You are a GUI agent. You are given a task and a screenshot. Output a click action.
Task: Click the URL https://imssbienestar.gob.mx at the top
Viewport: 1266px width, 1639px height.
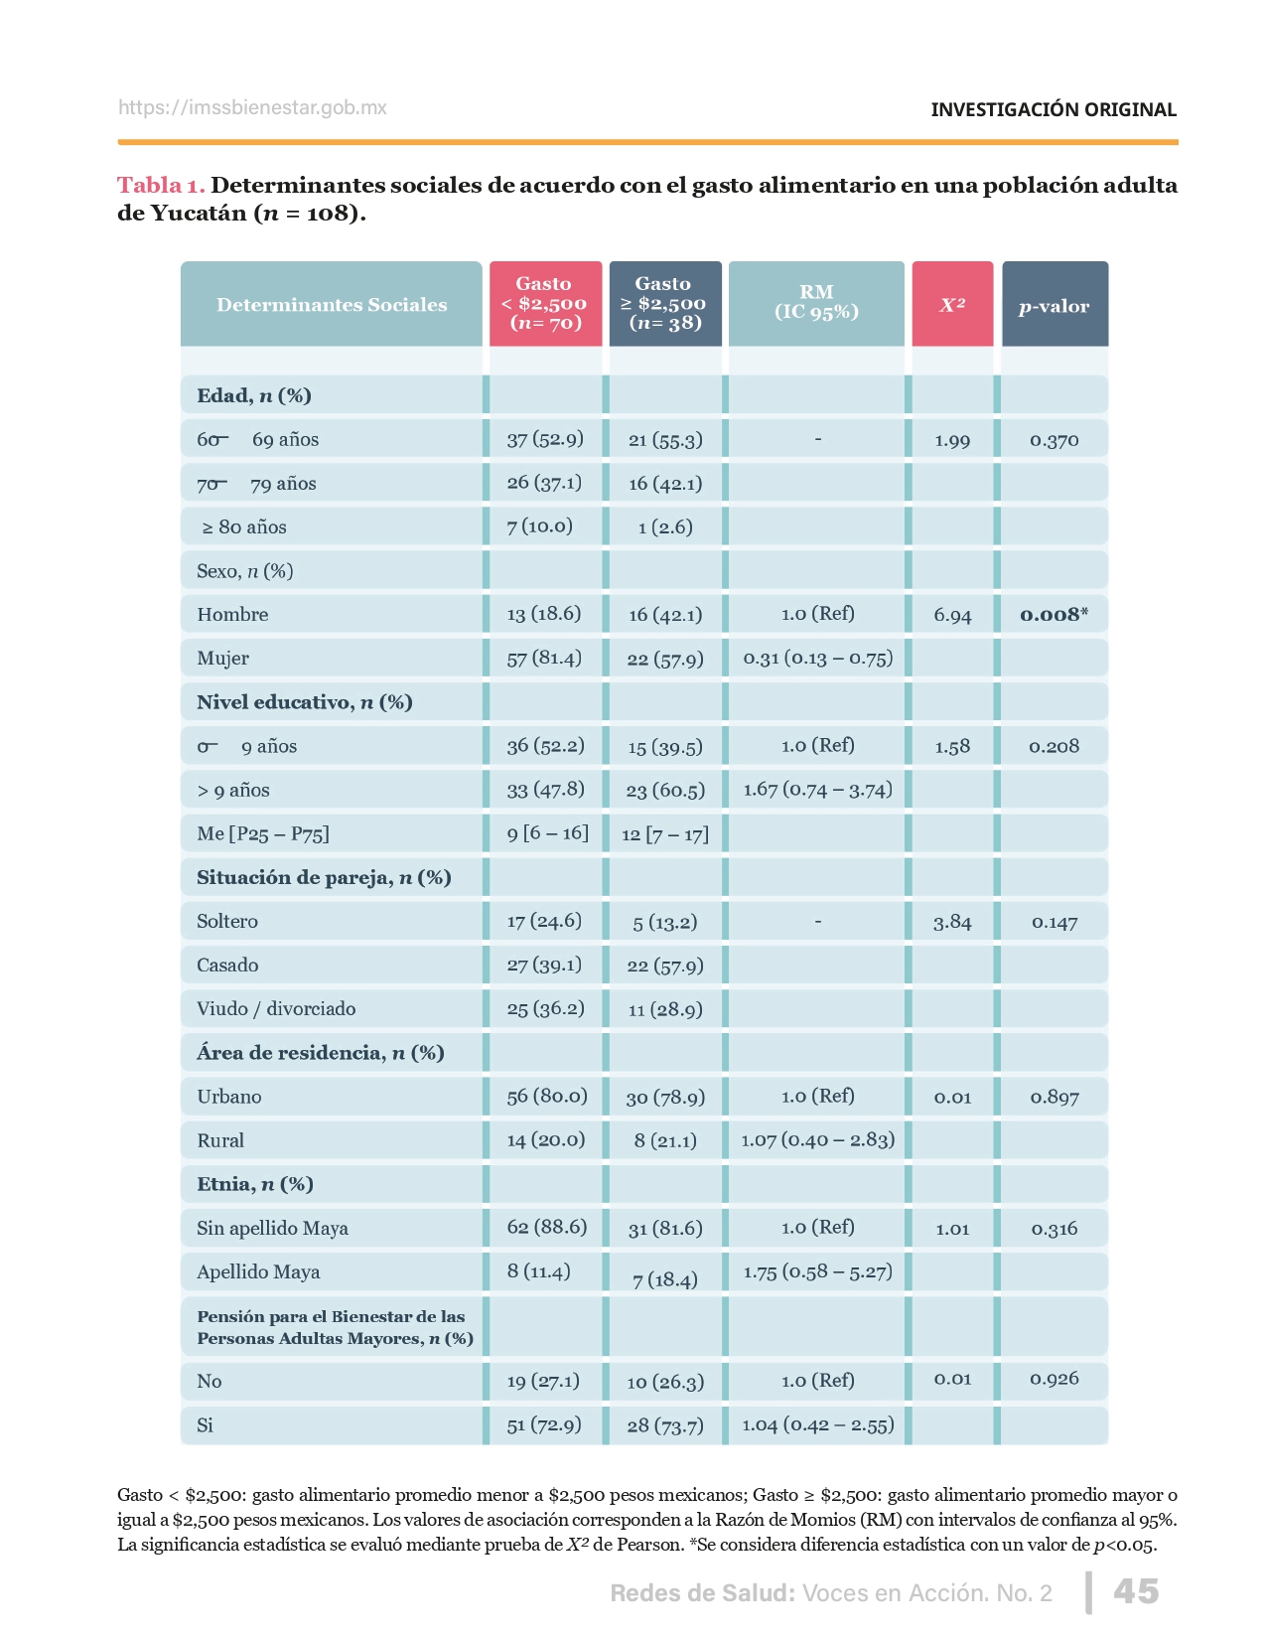tap(252, 107)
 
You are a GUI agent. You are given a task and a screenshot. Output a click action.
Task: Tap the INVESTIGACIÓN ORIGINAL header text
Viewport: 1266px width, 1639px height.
tap(1053, 109)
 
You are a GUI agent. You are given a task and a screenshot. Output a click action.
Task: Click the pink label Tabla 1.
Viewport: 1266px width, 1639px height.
tap(161, 185)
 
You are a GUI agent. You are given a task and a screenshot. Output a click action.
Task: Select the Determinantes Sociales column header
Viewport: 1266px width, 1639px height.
tap(332, 305)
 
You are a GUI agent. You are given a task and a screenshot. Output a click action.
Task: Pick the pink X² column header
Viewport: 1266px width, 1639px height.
tap(952, 305)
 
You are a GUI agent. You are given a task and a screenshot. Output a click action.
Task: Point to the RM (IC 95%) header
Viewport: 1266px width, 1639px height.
tap(816, 302)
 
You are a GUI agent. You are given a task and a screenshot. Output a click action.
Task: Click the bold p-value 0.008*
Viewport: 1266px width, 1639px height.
tap(1054, 614)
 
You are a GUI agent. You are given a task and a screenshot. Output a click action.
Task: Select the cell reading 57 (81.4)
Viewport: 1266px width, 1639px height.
tap(544, 658)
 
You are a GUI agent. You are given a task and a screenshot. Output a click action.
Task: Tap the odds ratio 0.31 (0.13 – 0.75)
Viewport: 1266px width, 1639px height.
tap(818, 658)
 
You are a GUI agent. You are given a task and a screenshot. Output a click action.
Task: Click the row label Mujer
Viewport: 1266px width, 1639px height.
tap(222, 658)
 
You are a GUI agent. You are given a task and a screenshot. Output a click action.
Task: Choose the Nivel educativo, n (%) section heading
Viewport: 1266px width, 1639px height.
tap(304, 702)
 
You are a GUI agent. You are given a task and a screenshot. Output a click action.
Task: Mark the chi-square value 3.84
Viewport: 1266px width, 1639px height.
tap(952, 922)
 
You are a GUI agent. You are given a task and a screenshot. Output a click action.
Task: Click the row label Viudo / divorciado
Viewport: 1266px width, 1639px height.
tap(276, 1008)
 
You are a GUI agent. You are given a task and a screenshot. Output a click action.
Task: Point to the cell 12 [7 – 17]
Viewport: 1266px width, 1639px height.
tap(665, 833)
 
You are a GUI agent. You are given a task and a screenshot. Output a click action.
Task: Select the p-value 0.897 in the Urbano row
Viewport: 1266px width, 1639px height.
tap(1054, 1097)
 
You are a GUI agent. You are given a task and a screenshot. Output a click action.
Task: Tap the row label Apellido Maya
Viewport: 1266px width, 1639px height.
tap(258, 1271)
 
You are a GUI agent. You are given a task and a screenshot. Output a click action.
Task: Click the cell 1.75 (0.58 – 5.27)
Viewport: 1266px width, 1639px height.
tap(818, 1271)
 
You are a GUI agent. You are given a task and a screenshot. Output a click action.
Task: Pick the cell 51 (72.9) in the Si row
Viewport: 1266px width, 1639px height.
tap(544, 1424)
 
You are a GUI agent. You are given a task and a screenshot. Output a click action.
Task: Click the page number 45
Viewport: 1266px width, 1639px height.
tap(1135, 1591)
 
